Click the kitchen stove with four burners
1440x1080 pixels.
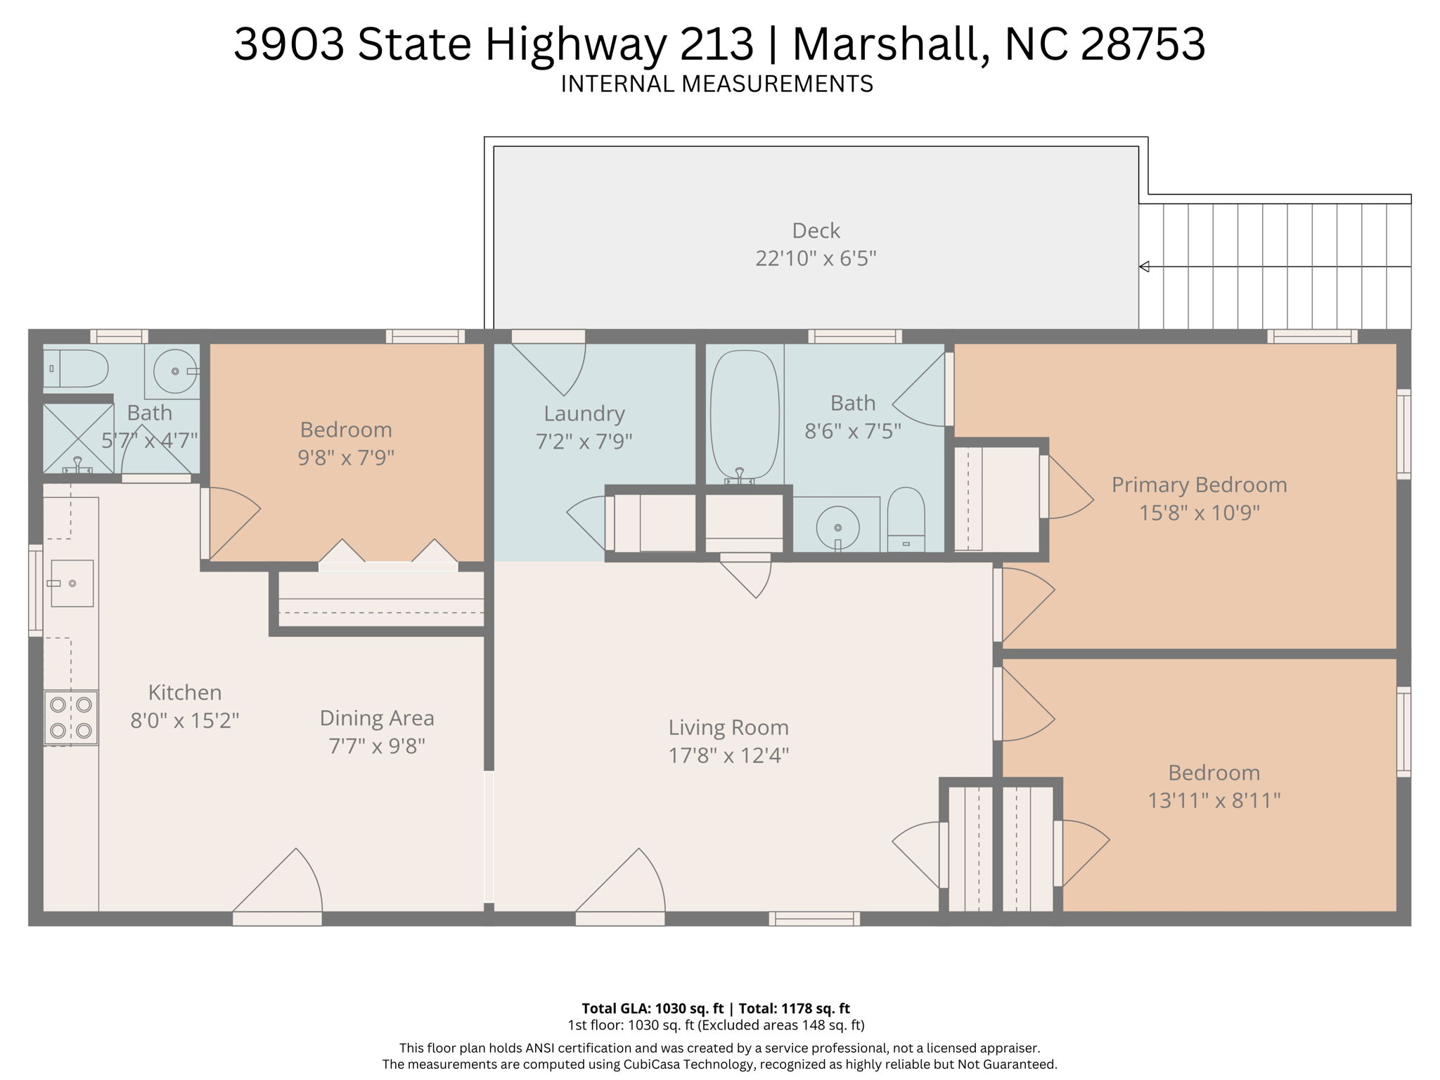[x=71, y=718]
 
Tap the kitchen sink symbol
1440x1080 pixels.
[x=72, y=583]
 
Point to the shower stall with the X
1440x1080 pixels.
[x=78, y=438]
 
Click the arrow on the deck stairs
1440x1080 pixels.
[x=1144, y=266]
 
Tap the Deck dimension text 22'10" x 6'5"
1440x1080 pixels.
[x=816, y=259]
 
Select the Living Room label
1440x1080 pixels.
[x=728, y=727]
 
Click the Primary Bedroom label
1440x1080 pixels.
[x=1199, y=484]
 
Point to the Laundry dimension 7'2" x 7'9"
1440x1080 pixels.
[x=584, y=442]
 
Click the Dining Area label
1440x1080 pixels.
[x=377, y=718]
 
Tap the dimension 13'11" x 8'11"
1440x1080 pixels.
[x=1214, y=800]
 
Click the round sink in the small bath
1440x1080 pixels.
[x=174, y=371]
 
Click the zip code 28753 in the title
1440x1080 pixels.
[x=1143, y=44]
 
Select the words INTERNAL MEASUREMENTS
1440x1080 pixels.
[x=716, y=84]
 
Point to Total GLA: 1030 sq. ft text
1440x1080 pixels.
[x=652, y=1008]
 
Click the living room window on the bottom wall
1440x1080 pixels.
[x=814, y=918]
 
